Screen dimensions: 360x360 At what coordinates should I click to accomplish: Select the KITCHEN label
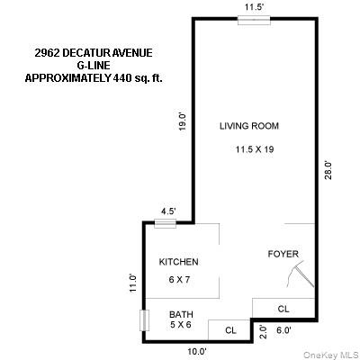click(x=178, y=262)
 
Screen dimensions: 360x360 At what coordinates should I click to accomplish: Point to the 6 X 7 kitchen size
click(x=178, y=280)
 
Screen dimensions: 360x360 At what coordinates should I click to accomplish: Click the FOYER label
click(x=283, y=255)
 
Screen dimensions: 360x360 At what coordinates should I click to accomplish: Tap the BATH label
click(x=182, y=315)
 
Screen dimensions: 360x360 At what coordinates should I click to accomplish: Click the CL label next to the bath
click(x=230, y=330)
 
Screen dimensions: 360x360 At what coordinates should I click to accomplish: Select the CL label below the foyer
click(x=283, y=309)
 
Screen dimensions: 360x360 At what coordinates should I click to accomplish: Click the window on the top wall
click(x=253, y=19)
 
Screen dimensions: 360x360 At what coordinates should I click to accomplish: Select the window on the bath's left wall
click(x=143, y=320)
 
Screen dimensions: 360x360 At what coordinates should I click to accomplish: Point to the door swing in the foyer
click(x=307, y=271)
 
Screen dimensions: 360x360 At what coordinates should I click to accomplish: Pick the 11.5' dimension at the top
click(x=254, y=7)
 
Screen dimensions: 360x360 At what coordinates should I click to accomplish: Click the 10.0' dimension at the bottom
click(x=197, y=351)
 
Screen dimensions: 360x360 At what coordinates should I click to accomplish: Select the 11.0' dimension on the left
click(x=132, y=283)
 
